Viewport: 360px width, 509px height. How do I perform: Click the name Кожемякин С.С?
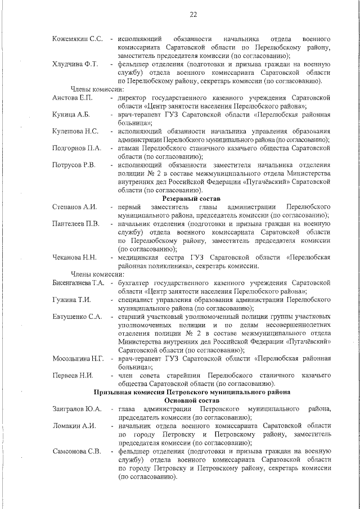[x=78, y=38]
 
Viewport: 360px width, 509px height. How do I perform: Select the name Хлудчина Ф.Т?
[x=75, y=64]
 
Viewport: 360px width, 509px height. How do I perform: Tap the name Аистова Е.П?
[x=73, y=98]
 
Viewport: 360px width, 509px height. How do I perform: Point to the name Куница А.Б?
[x=71, y=114]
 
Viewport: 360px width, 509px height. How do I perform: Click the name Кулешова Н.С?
[x=76, y=131]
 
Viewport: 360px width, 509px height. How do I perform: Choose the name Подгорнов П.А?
[x=77, y=148]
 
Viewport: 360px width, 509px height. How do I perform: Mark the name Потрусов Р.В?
[x=74, y=165]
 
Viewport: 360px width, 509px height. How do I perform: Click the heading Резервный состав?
[x=192, y=199]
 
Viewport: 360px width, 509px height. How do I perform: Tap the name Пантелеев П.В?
[x=76, y=224]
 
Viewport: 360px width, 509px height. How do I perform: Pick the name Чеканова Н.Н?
[x=74, y=257]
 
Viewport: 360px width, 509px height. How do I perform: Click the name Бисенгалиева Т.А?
[x=79, y=282]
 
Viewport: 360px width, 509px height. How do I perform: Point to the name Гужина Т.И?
[x=71, y=299]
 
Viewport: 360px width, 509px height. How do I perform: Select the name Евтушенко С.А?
[x=77, y=316]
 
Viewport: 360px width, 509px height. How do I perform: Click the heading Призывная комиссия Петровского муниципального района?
[x=192, y=391]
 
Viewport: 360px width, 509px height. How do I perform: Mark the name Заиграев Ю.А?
[x=76, y=408]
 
